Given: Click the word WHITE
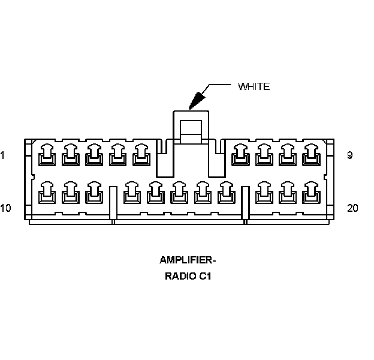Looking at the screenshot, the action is (x=254, y=86).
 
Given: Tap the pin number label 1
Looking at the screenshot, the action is (x=3, y=155).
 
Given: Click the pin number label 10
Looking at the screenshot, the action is (x=5, y=208).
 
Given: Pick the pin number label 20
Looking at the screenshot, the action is (x=352, y=208).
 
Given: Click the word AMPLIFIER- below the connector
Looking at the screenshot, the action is (x=188, y=260).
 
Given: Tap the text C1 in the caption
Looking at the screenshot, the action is (x=206, y=277).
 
